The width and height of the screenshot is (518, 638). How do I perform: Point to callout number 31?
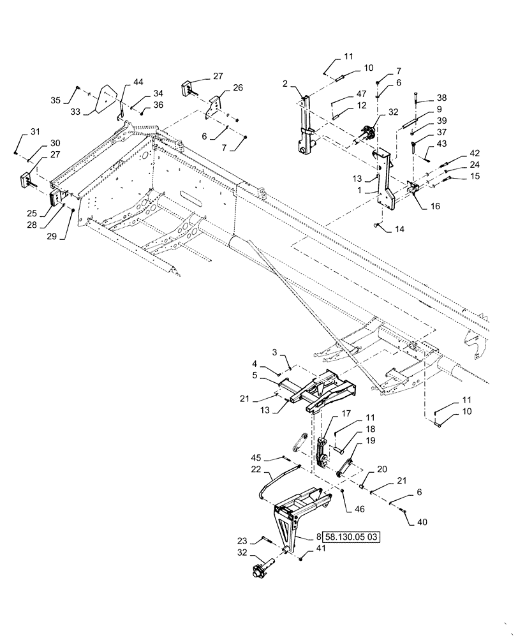click(34, 132)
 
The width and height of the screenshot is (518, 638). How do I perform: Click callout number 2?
click(286, 84)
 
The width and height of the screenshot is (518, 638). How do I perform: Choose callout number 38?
click(441, 99)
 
